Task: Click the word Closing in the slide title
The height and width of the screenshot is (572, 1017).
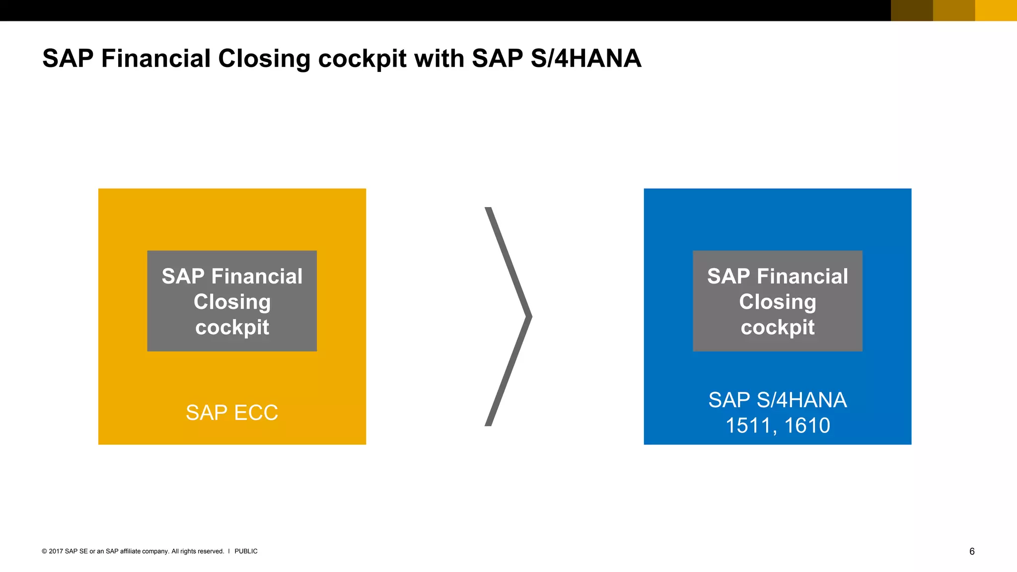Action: [x=264, y=59]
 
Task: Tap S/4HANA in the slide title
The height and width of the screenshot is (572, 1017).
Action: [x=586, y=59]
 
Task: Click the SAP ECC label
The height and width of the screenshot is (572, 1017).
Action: [x=232, y=413]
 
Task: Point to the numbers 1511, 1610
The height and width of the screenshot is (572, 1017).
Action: [x=778, y=426]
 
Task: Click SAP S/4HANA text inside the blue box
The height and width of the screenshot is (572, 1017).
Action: [x=778, y=400]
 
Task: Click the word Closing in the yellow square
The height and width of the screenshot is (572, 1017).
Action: [x=232, y=302]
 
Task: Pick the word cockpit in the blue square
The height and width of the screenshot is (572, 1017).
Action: [x=778, y=327]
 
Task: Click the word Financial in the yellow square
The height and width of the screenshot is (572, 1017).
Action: [x=257, y=276]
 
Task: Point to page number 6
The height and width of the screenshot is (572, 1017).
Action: [x=972, y=551]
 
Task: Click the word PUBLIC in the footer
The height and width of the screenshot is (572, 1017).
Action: [x=246, y=551]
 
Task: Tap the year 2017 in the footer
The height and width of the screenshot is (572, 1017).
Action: [x=56, y=551]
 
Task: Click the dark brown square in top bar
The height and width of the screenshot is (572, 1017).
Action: [x=912, y=10]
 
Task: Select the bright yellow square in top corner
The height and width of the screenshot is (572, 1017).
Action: [x=996, y=10]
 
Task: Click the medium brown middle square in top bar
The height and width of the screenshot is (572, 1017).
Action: [x=954, y=10]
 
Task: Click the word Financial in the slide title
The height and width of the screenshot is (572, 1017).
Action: [x=156, y=59]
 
